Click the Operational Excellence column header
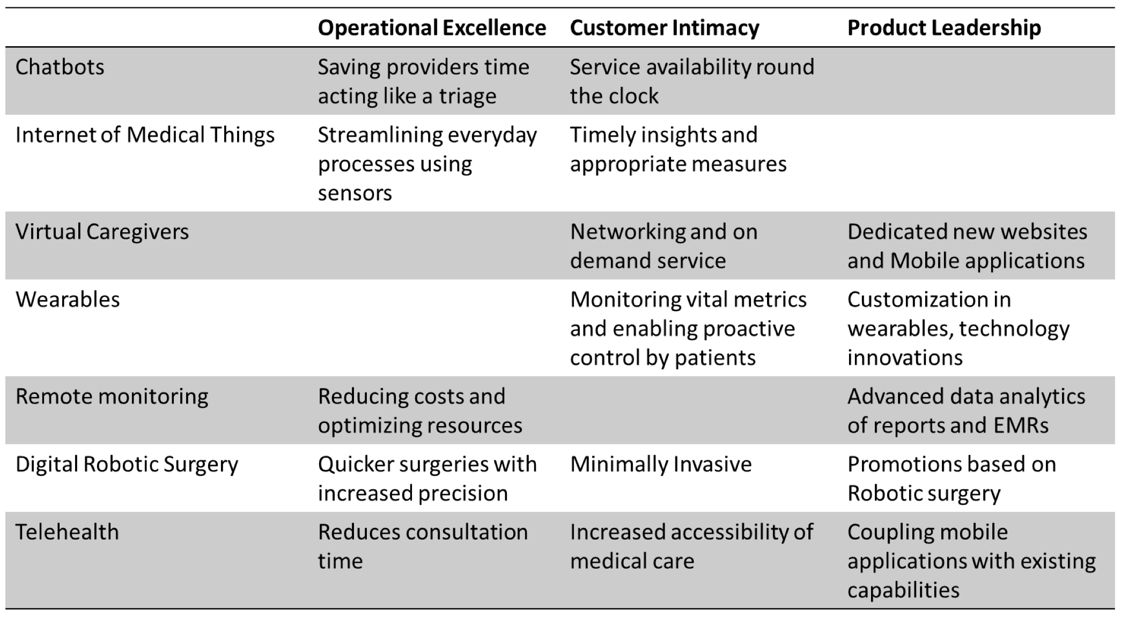coord(432,28)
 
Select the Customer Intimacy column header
coord(665,28)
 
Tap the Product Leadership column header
coord(944,28)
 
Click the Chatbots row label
coord(60,67)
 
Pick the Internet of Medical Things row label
coord(145,135)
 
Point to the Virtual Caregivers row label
coord(102,232)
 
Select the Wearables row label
coord(68,299)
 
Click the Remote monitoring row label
coord(112,397)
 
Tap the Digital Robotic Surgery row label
coord(127,465)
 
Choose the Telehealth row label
coord(67,532)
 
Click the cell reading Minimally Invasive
coord(661,465)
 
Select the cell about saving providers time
coord(424,82)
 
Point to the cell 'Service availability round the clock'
coord(692,82)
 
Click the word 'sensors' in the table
coord(355,193)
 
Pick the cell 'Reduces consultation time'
coord(423,547)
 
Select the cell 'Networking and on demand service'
coord(664,246)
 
